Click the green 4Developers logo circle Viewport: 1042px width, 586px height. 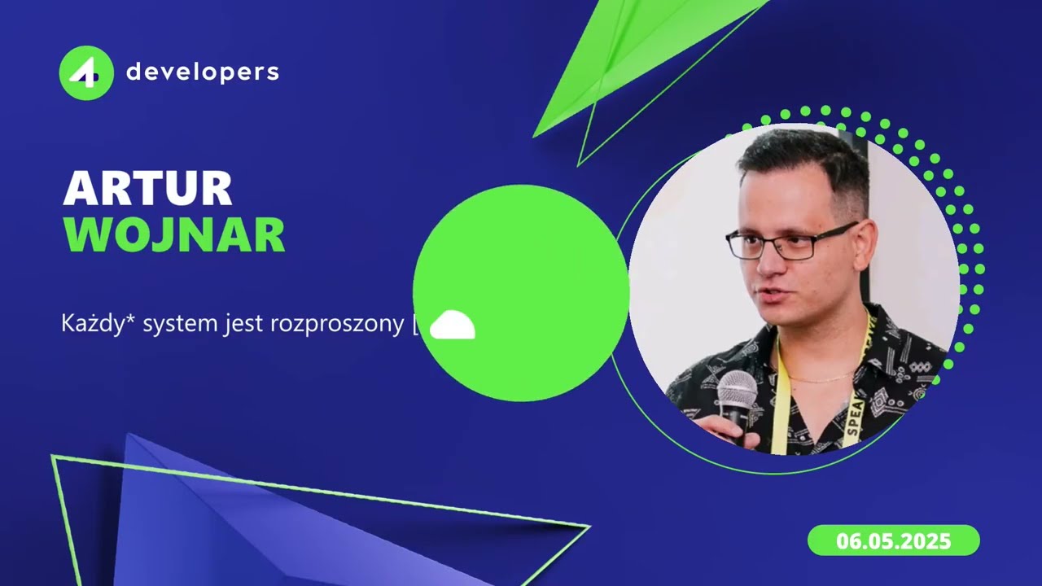coord(85,73)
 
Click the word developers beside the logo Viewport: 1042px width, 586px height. coord(202,72)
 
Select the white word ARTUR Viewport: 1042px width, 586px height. coord(147,189)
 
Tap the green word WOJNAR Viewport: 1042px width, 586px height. coord(174,234)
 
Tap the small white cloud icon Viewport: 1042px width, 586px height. coord(452,326)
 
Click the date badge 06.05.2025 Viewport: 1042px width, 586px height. coord(893,540)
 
